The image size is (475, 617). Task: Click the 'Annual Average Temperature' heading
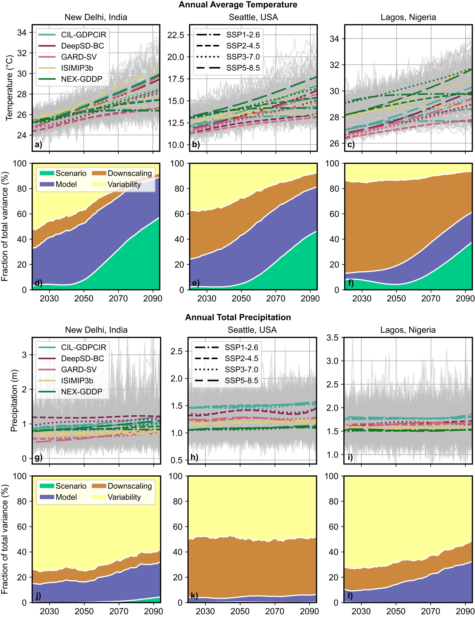pyautogui.click(x=238, y=5)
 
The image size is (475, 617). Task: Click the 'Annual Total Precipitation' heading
pyautogui.click(x=238, y=317)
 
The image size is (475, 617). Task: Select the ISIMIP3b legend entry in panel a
pyautogui.click(x=77, y=68)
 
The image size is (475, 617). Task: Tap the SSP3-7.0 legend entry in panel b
pyautogui.click(x=243, y=57)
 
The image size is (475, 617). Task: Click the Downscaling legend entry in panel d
pyautogui.click(x=129, y=173)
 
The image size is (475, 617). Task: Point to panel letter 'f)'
pyautogui.click(x=351, y=283)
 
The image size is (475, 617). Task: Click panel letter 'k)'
pyautogui.click(x=194, y=596)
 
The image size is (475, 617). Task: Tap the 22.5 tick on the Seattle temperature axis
pyautogui.click(x=176, y=35)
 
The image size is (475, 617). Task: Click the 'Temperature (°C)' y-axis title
pyautogui.click(x=9, y=88)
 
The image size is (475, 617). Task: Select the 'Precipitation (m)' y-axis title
pyautogui.click(x=14, y=401)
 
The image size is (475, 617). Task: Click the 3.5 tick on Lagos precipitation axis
pyautogui.click(x=332, y=338)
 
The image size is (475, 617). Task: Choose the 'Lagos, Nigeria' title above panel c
pyautogui.click(x=408, y=18)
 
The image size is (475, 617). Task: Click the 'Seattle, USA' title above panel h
pyautogui.click(x=252, y=330)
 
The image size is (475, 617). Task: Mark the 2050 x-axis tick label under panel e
pyautogui.click(x=241, y=299)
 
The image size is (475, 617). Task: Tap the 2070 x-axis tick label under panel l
pyautogui.click(x=430, y=611)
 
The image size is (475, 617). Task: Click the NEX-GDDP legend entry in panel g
pyautogui.click(x=81, y=392)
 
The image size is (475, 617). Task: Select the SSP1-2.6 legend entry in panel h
pyautogui.click(x=241, y=347)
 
